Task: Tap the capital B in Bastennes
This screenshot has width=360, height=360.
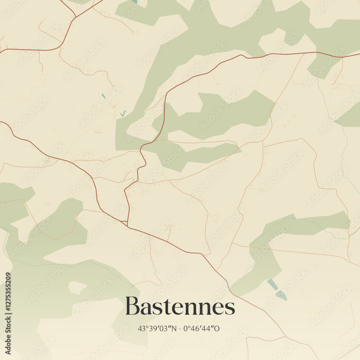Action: point(133,306)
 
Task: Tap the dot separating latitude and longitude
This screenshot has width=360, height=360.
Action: point(180,328)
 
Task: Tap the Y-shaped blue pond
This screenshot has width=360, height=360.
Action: point(123,114)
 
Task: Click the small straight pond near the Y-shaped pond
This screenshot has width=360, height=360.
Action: point(104,96)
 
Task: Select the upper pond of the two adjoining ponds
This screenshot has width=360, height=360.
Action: point(272,284)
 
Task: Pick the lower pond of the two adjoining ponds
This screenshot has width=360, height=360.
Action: point(282,296)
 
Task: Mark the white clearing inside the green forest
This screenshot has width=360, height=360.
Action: point(77,287)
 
